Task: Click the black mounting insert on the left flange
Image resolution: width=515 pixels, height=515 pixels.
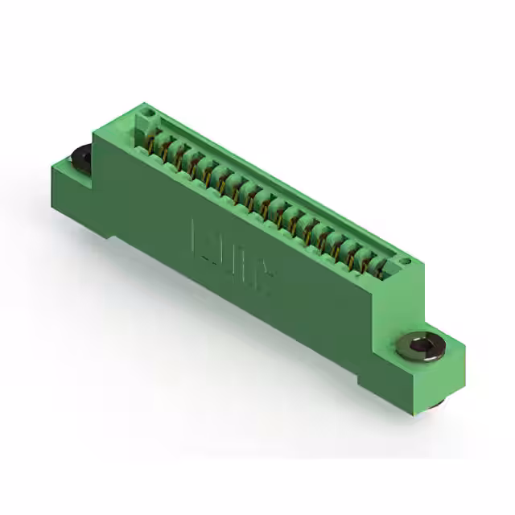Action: pos(82,156)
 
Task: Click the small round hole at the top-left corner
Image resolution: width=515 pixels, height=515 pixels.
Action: pos(146,108)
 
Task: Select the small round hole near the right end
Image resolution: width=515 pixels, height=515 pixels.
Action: pos(406,262)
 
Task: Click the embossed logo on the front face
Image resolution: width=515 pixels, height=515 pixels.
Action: pos(232,255)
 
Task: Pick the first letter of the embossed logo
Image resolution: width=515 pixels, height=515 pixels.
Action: pos(201,237)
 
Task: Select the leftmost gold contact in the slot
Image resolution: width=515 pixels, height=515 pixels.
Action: pos(150,143)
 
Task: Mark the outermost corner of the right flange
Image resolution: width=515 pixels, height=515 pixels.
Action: pos(464,348)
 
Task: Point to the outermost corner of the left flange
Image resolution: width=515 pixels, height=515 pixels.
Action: pos(51,165)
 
